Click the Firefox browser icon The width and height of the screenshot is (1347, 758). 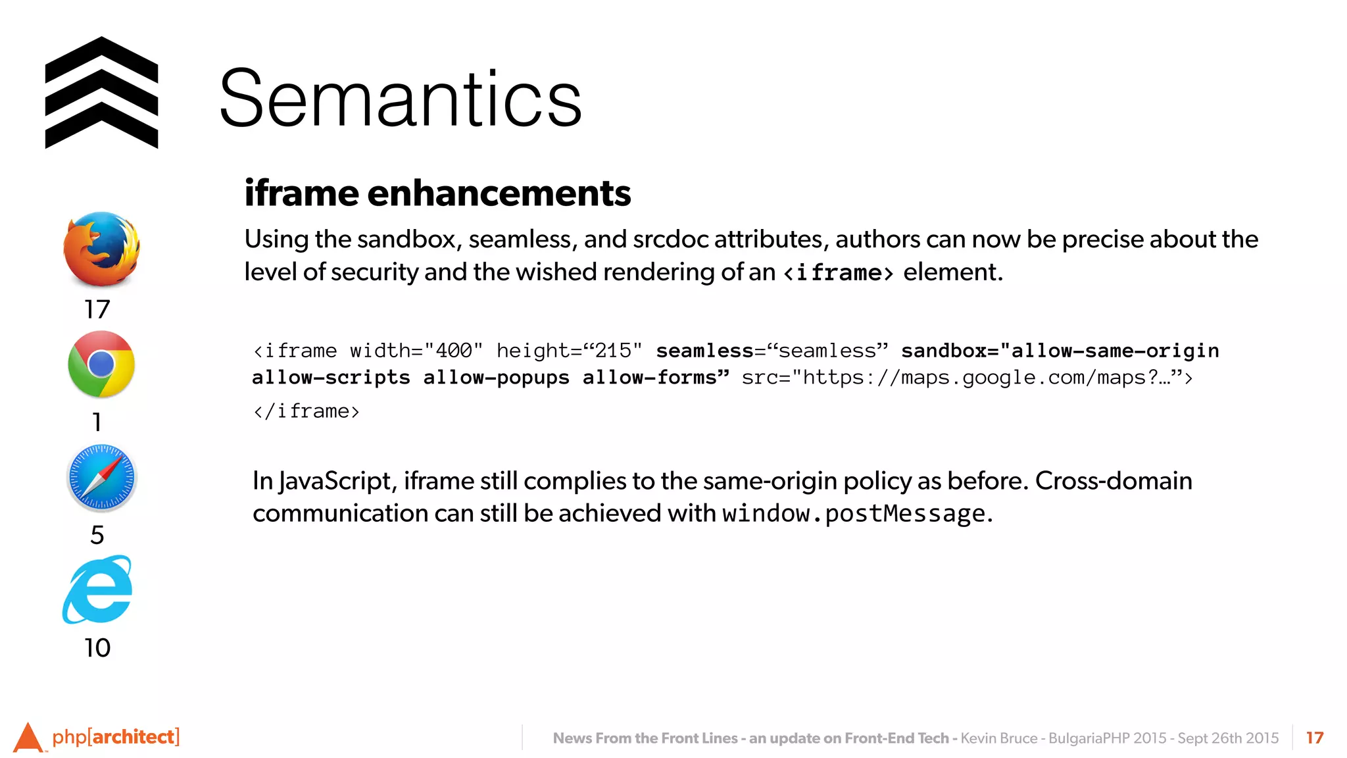point(101,249)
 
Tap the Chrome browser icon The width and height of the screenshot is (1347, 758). point(101,364)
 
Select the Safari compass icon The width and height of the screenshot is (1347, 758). point(101,478)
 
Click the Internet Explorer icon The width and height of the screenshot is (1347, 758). point(98,590)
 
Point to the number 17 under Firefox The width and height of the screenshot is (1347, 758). point(97,309)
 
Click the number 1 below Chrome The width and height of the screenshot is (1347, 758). point(97,422)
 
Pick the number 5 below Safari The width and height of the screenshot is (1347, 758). point(97,535)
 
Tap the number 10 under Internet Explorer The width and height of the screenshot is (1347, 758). point(97,648)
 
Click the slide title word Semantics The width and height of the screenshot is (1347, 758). point(401,99)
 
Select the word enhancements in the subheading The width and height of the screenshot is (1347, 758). point(499,193)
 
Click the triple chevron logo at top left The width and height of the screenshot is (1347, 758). point(101,93)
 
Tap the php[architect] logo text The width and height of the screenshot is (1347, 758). point(115,737)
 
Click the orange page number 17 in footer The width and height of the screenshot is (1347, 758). point(1314,738)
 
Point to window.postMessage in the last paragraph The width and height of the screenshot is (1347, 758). point(854,514)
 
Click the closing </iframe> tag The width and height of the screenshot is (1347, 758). point(306,412)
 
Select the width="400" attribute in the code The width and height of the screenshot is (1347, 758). point(416,351)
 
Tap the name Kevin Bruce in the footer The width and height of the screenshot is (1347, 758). point(998,738)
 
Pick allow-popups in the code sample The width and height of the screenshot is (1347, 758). point(497,378)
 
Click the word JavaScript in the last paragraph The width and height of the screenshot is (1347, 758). point(335,482)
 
